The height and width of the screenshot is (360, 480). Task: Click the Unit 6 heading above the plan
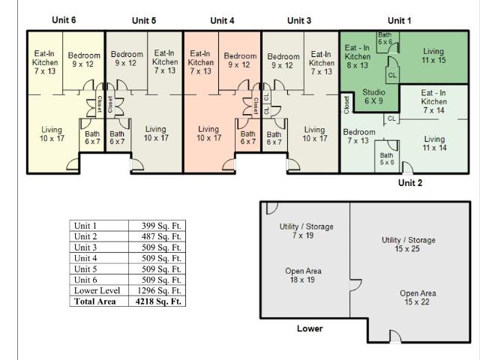(64, 20)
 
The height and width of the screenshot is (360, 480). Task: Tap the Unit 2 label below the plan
(410, 183)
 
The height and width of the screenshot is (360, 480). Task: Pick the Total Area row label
(95, 301)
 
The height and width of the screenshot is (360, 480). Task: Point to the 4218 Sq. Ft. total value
(158, 301)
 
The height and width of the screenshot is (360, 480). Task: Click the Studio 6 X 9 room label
(373, 97)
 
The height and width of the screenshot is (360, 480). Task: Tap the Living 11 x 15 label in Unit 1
(433, 55)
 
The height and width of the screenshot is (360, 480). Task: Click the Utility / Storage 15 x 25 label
(408, 244)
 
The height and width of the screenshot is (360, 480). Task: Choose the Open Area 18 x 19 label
(303, 275)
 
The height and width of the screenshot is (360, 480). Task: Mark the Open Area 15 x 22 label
(418, 298)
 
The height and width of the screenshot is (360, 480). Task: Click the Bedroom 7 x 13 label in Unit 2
(359, 136)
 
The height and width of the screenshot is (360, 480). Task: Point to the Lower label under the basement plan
(310, 328)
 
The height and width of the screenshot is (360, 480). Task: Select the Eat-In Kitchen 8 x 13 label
(357, 56)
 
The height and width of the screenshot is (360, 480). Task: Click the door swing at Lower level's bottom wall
(395, 336)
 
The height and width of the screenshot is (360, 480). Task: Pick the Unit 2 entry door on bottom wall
(407, 167)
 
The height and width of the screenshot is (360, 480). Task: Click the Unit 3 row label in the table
(85, 247)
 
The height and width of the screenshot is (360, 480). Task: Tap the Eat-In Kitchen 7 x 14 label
(433, 101)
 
